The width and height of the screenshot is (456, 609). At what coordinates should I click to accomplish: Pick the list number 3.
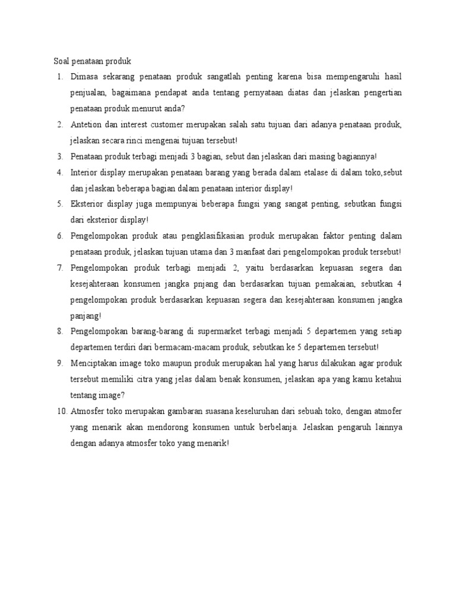[x=60, y=156]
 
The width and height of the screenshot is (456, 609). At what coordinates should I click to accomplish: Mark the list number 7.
[x=60, y=267]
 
